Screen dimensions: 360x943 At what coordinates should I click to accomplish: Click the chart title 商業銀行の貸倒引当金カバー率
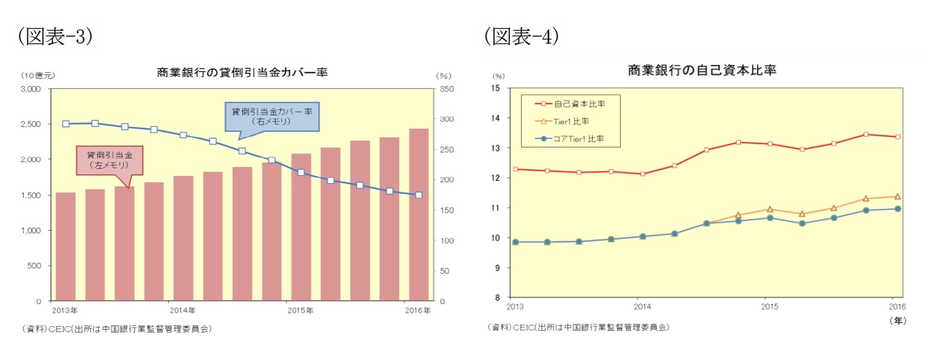242,72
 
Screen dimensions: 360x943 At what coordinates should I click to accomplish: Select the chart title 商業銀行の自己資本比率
702,70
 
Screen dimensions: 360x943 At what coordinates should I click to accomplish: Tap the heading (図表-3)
55,37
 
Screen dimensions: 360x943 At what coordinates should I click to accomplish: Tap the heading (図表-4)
521,37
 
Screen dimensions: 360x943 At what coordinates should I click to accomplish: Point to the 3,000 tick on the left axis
30,89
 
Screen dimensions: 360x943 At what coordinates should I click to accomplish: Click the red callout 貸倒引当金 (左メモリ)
109,160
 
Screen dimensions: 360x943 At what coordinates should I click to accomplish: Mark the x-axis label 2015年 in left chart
301,311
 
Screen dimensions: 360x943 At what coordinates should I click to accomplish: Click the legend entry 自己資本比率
579,103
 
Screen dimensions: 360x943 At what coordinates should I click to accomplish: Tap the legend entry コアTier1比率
579,139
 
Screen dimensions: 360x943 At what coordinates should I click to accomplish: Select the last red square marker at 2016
897,137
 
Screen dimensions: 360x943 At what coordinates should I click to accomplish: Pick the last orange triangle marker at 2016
897,196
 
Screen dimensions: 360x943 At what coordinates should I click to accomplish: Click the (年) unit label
897,321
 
